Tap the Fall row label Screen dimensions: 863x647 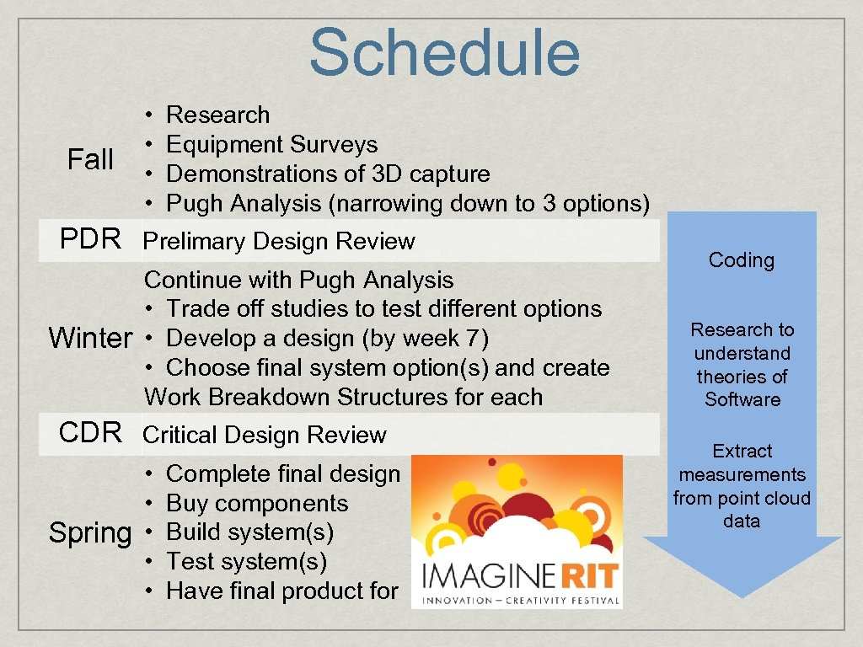coord(90,159)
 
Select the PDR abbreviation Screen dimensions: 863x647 coord(90,238)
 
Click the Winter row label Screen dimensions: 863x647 coord(91,337)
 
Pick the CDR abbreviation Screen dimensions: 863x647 coord(90,432)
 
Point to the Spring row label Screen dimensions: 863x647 coord(90,533)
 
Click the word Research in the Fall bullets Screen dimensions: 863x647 coord(218,115)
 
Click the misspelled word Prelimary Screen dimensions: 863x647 coord(194,242)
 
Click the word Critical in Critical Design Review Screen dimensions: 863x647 coord(180,436)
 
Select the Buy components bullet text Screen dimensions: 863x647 coord(257,504)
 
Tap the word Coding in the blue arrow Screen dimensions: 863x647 coord(742,260)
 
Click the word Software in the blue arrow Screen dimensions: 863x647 coord(742,399)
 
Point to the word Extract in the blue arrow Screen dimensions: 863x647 coord(742,452)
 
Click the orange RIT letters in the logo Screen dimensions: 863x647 coord(589,575)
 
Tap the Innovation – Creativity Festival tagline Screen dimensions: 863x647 coord(521,600)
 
